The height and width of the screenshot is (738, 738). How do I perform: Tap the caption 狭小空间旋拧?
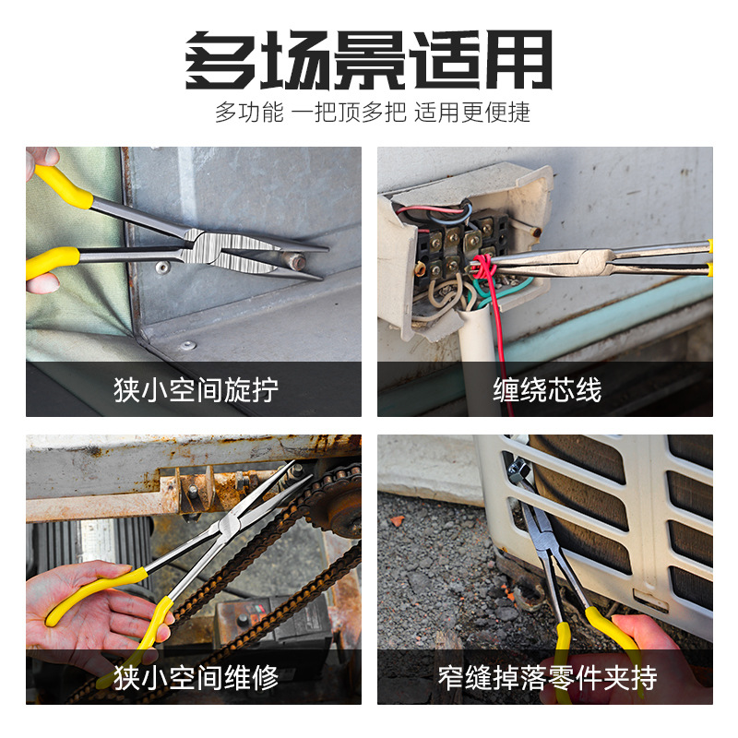(195, 389)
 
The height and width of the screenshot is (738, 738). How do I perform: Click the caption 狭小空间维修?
(195, 678)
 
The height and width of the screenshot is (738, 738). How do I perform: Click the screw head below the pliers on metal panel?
(162, 268)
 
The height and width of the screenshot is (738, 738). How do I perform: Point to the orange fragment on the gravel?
(397, 521)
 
